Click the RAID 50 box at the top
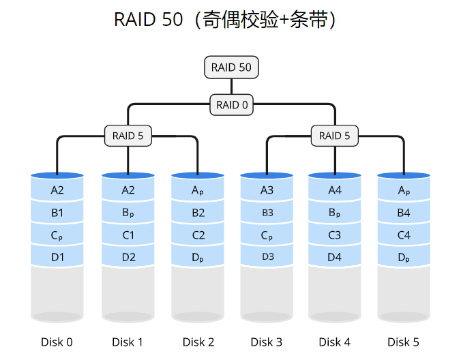point(232,67)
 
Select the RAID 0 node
point(232,105)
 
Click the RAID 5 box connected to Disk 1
point(128,136)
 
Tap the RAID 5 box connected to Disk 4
point(334,136)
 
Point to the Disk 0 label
point(57,342)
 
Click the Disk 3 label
point(266,342)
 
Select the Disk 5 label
point(403,342)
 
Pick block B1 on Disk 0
point(57,213)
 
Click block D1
point(57,257)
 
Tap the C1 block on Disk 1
point(128,235)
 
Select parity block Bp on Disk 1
point(128,213)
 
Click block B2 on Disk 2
point(198,213)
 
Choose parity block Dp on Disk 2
point(198,257)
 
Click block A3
point(267,190)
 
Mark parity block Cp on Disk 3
point(267,235)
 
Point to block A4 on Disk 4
point(335,190)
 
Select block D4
point(335,257)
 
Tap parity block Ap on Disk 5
point(404,190)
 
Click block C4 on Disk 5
point(404,235)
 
